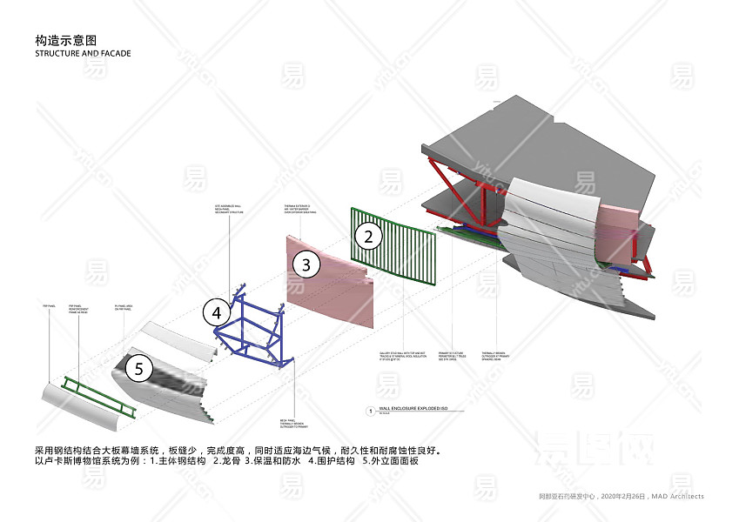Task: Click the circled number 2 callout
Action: click(368, 235)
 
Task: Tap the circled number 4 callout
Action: click(217, 311)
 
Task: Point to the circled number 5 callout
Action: click(138, 369)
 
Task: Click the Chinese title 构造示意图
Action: click(65, 40)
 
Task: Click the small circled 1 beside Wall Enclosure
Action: click(372, 410)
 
